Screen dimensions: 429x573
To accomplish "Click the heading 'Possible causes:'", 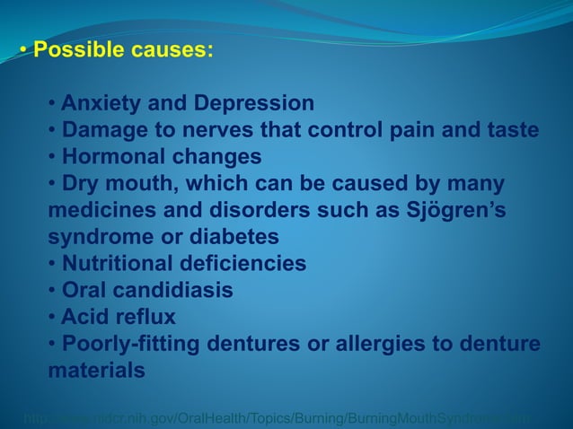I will (123, 48).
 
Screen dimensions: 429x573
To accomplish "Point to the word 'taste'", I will (509, 130).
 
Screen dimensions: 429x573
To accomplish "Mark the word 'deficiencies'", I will (252, 264).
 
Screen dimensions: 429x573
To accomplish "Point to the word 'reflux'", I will (145, 317).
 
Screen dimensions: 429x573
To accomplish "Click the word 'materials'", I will (95, 371).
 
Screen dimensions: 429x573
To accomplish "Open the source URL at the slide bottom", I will (278, 417).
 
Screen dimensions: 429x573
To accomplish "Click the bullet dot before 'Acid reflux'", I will (53, 318).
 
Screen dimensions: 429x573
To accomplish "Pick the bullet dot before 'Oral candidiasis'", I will (53, 291).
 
